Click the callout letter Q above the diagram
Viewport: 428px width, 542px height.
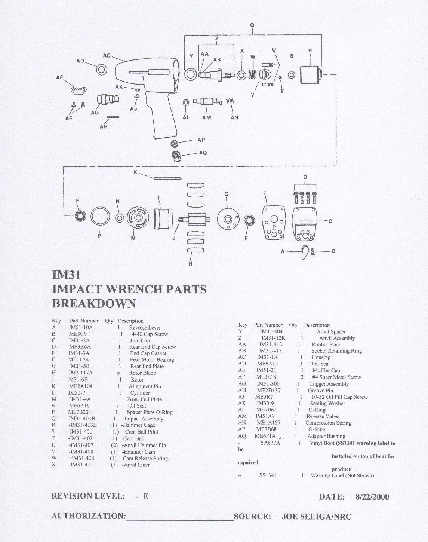252,25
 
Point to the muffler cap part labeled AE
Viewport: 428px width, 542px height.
79,90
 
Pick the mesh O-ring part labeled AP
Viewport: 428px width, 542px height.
174,143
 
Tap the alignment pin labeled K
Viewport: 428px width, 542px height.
167,178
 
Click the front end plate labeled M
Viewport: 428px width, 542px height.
138,218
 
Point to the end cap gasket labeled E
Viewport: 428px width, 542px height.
274,222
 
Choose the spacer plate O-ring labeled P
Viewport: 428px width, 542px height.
100,216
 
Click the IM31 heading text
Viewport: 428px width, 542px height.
66,275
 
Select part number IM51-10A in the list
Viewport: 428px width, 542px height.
81,327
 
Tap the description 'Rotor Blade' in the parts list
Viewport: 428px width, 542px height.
142,373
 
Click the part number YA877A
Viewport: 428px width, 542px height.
270,443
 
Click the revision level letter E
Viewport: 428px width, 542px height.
145,496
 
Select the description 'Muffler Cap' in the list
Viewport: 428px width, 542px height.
326,370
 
